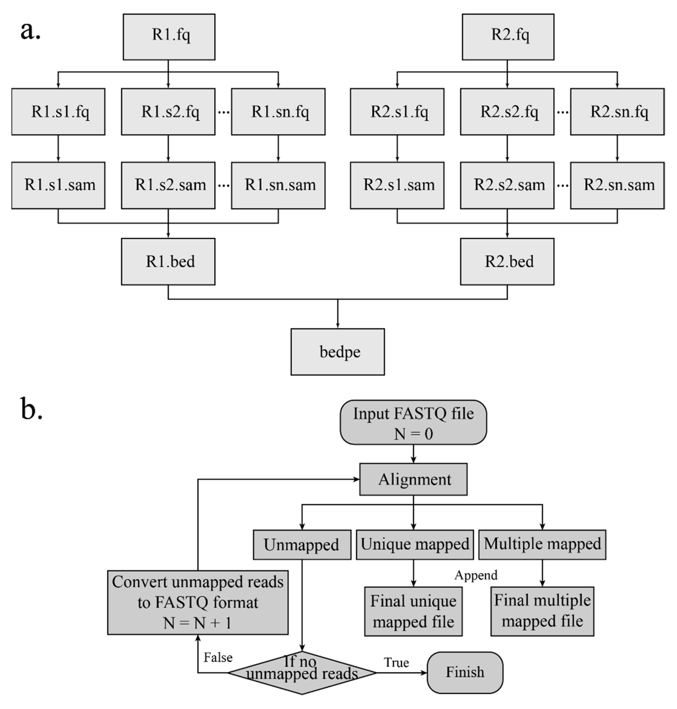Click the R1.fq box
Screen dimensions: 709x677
[169, 37]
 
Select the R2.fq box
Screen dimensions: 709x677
[508, 37]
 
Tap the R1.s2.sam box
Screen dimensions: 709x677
[168, 185]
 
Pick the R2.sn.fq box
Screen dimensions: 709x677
[617, 112]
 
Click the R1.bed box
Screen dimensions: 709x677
[168, 261]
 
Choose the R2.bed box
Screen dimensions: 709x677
[507, 261]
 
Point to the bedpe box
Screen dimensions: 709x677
[337, 352]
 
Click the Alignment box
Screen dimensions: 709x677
[413, 479]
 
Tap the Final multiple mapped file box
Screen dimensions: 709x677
[542, 611]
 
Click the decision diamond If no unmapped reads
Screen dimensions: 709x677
[302, 673]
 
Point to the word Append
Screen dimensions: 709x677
[476, 575]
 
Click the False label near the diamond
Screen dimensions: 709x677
[218, 657]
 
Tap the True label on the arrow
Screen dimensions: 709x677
[396, 662]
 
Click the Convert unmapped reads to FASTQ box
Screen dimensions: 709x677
[198, 603]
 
